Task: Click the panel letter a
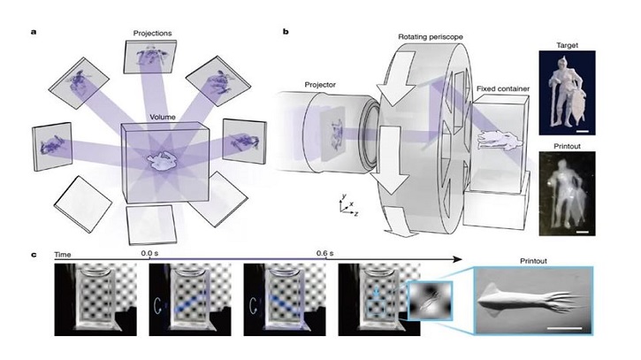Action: tap(34, 32)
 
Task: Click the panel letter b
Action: tap(285, 32)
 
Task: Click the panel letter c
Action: tap(34, 255)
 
